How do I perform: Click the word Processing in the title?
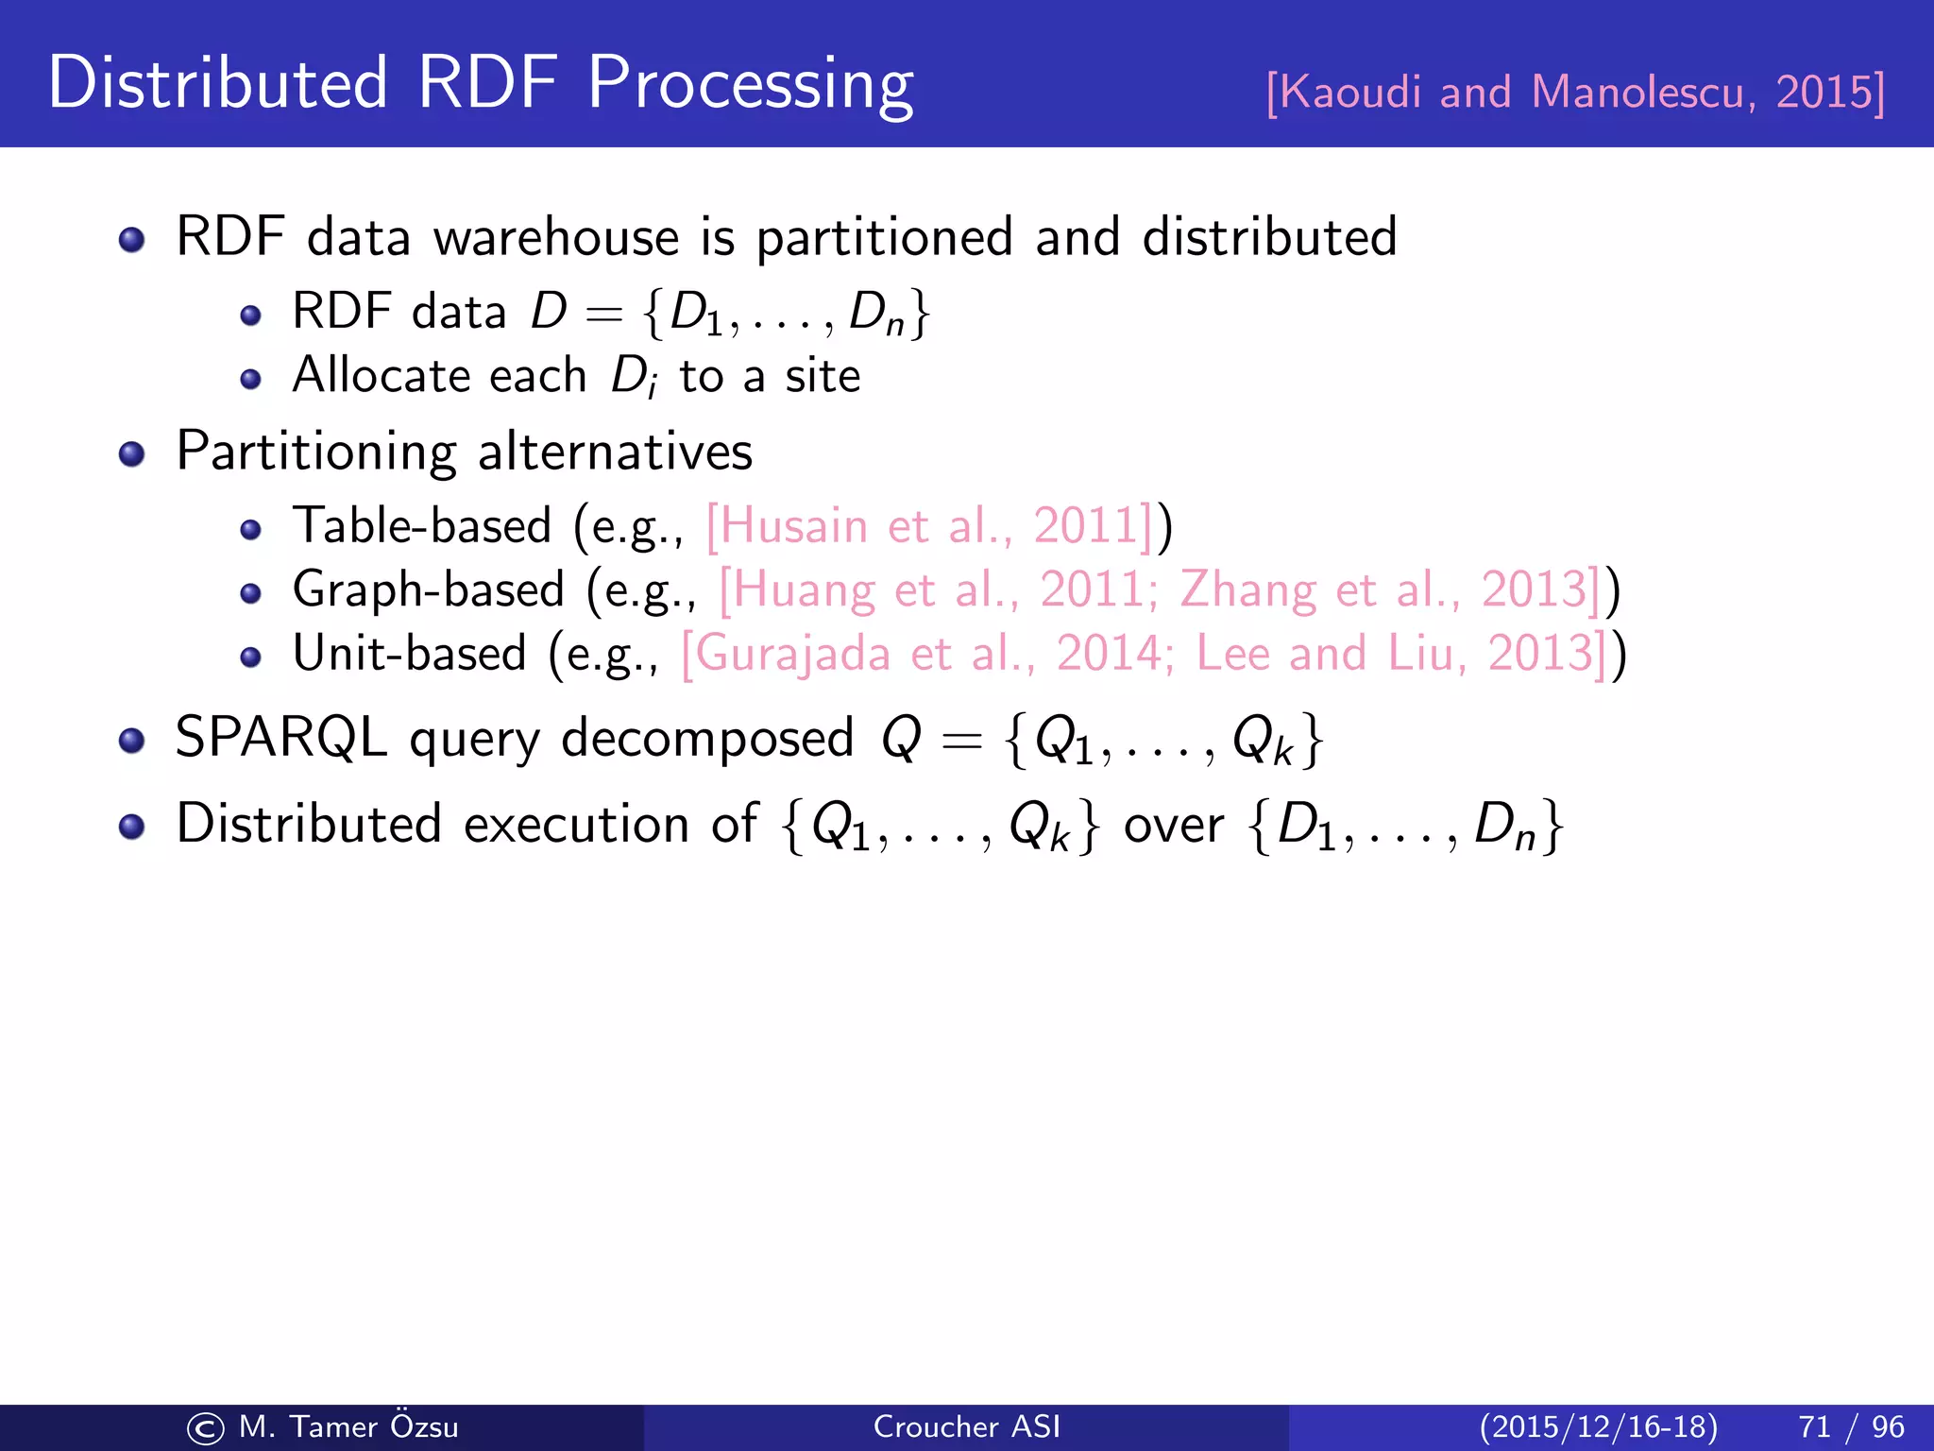tap(751, 85)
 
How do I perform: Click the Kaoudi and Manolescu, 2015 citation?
tap(1575, 93)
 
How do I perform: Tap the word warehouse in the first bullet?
tap(555, 236)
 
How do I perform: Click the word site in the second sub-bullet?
tap(823, 375)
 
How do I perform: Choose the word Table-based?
tap(422, 525)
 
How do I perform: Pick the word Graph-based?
tap(429, 589)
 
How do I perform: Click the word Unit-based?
tap(409, 653)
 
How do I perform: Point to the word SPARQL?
tap(281, 737)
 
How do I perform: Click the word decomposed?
tap(707, 739)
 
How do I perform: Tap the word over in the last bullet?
tap(1174, 825)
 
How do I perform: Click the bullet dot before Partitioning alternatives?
tap(132, 454)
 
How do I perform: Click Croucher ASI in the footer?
tap(966, 1426)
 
